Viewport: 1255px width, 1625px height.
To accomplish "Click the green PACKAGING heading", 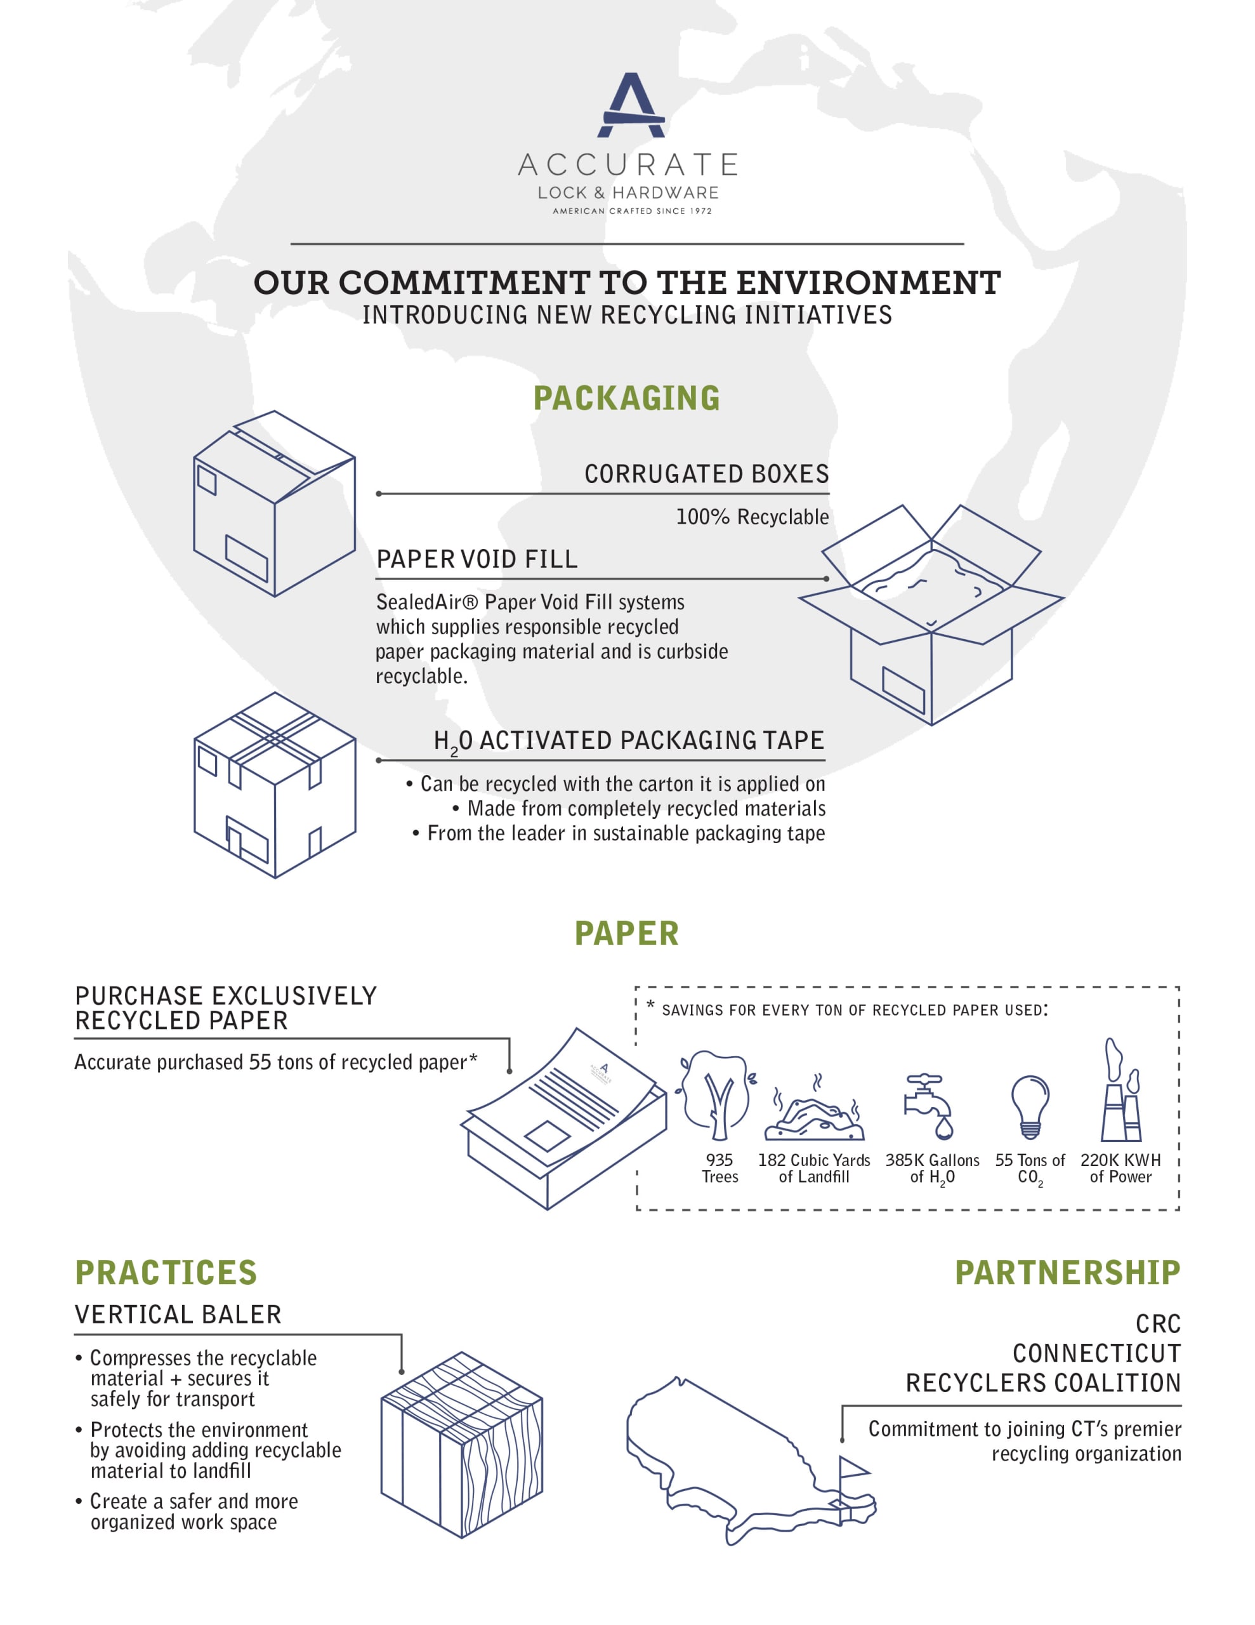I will (x=626, y=398).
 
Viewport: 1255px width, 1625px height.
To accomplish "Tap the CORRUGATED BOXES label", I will (x=706, y=474).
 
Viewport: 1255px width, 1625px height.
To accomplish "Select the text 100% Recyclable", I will (x=751, y=517).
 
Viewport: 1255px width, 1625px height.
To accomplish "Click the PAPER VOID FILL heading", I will (x=477, y=559).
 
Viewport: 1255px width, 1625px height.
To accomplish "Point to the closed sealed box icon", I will (x=273, y=504).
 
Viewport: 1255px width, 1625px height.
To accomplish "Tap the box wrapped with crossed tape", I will (x=275, y=785).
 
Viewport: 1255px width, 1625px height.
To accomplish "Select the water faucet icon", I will (x=927, y=1105).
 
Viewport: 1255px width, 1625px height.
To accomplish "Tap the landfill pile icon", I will (x=815, y=1116).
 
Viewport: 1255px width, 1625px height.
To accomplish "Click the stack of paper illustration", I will (x=563, y=1116).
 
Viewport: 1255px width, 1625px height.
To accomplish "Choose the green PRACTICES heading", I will (x=166, y=1273).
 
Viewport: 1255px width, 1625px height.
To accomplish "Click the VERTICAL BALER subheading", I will (x=178, y=1315).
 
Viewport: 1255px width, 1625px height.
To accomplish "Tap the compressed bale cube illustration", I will (x=461, y=1445).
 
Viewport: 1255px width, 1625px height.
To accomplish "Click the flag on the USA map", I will (x=852, y=1468).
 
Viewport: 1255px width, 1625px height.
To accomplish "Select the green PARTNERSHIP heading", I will (x=1068, y=1273).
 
